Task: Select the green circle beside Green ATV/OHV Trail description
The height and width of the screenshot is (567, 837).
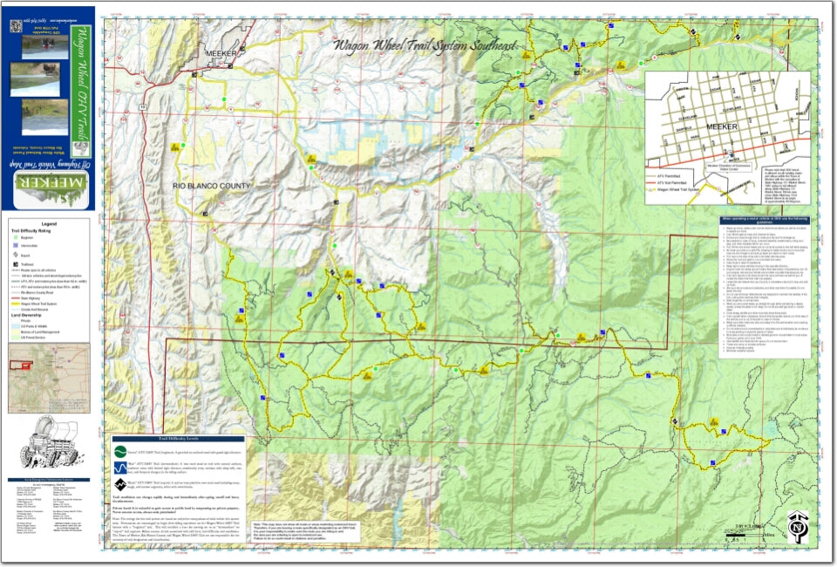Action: (120, 452)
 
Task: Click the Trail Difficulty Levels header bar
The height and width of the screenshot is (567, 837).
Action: (178, 439)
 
